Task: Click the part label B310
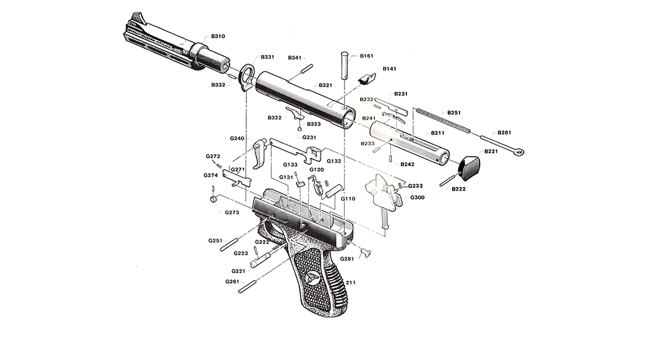coord(218,37)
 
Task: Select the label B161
coord(366,56)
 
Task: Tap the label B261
coord(504,132)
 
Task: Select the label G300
coord(417,197)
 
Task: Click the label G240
coord(237,138)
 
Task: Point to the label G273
coord(231,212)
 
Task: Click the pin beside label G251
coord(231,244)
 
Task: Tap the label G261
coord(232,282)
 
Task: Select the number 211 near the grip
coord(350,282)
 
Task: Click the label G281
coord(347,258)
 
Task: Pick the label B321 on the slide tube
coord(325,85)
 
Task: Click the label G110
coord(348,199)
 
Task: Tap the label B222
coord(460,188)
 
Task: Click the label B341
coord(294,57)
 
